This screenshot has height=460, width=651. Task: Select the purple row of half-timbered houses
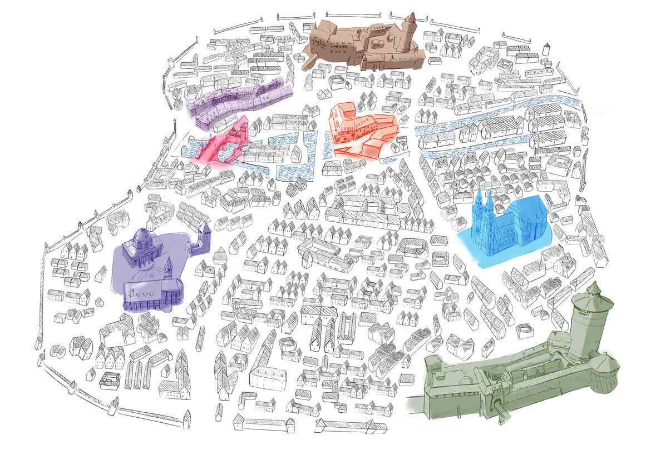(236, 100)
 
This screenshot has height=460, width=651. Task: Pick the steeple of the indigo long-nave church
(168, 268)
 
